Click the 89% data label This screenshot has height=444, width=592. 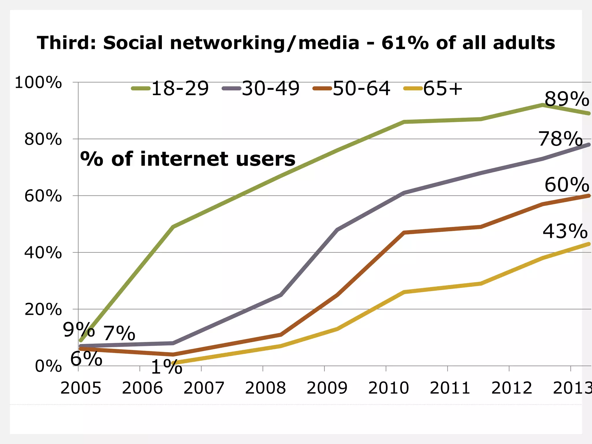(567, 99)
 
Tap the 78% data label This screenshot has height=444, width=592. (560, 139)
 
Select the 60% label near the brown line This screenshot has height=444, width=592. (567, 185)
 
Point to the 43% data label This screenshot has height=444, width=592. (565, 232)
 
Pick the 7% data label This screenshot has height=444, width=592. (119, 333)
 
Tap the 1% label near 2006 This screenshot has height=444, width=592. (166, 368)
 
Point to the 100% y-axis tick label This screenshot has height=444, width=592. (38, 83)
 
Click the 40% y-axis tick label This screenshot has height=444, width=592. (43, 253)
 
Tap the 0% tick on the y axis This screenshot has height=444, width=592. (48, 367)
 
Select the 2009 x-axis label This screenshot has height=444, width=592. (327, 388)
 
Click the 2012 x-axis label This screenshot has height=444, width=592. (511, 388)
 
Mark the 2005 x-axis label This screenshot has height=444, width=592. (81, 388)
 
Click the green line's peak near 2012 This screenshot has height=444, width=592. (543, 105)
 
